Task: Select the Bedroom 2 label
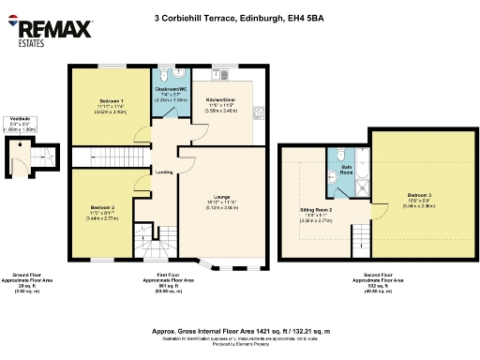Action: point(103,209)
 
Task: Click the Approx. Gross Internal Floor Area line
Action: point(240,331)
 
